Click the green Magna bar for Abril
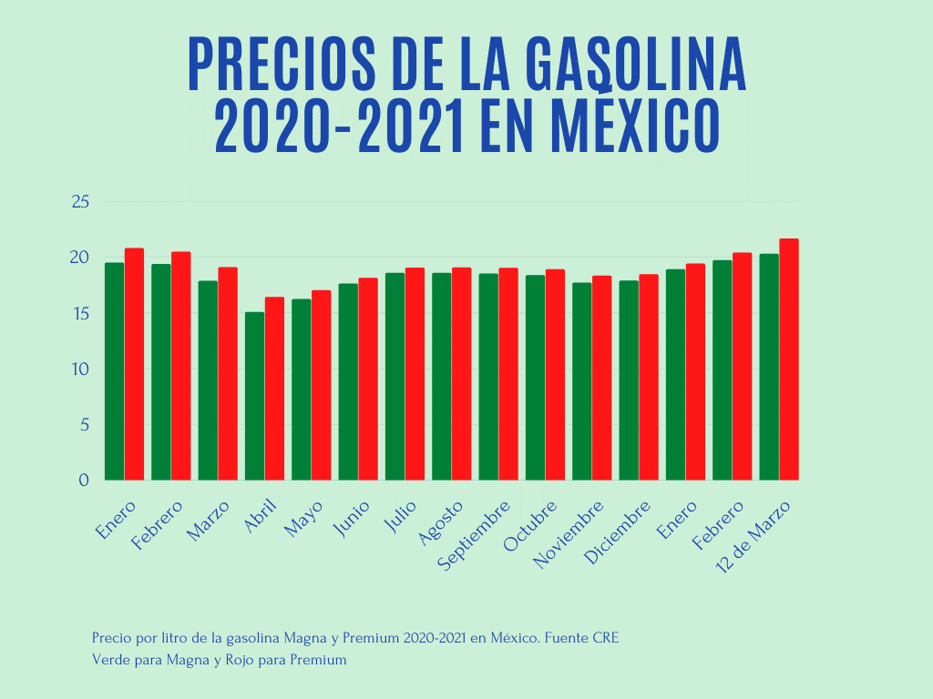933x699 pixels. click(254, 396)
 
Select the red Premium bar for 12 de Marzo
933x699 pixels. click(789, 360)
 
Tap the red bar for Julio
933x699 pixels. click(415, 374)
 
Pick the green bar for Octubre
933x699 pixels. click(535, 378)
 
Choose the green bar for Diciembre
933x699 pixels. click(629, 380)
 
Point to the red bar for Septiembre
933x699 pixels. click(508, 374)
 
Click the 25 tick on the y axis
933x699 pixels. click(79, 201)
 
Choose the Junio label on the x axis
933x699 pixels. click(353, 519)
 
